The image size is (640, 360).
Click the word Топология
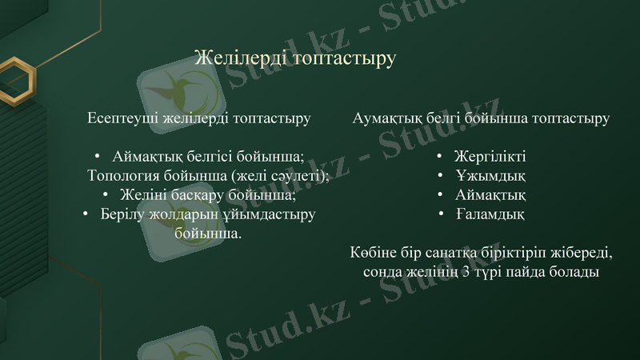point(121,175)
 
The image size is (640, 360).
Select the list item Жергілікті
point(490,156)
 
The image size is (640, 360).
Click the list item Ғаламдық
point(490,214)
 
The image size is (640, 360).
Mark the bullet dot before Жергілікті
point(441,156)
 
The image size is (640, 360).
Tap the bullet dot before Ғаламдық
point(441,214)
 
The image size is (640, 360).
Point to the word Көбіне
point(373,253)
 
